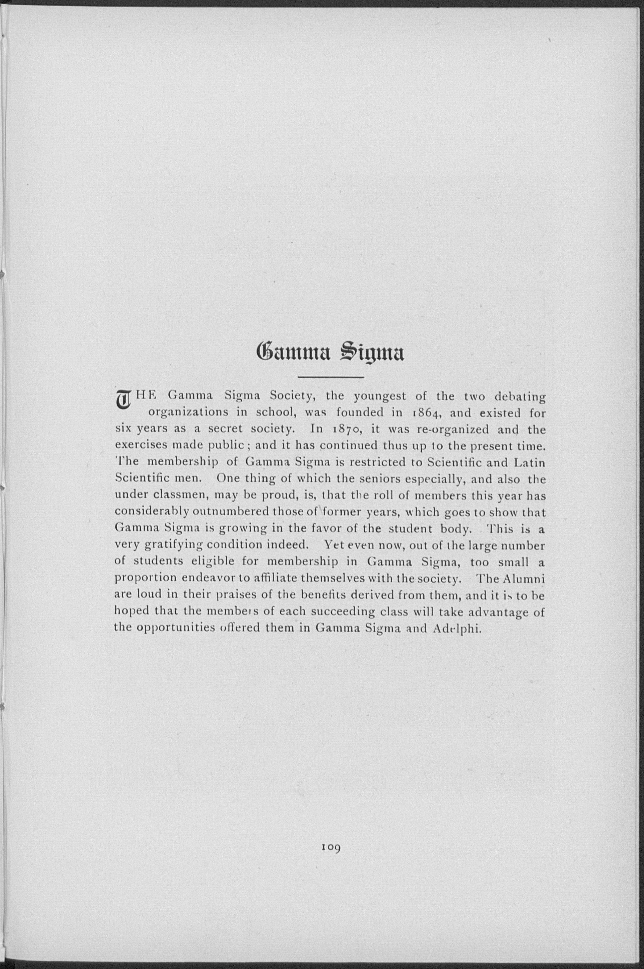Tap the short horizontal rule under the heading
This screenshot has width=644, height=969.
(331, 377)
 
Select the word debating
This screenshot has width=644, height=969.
(520, 397)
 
